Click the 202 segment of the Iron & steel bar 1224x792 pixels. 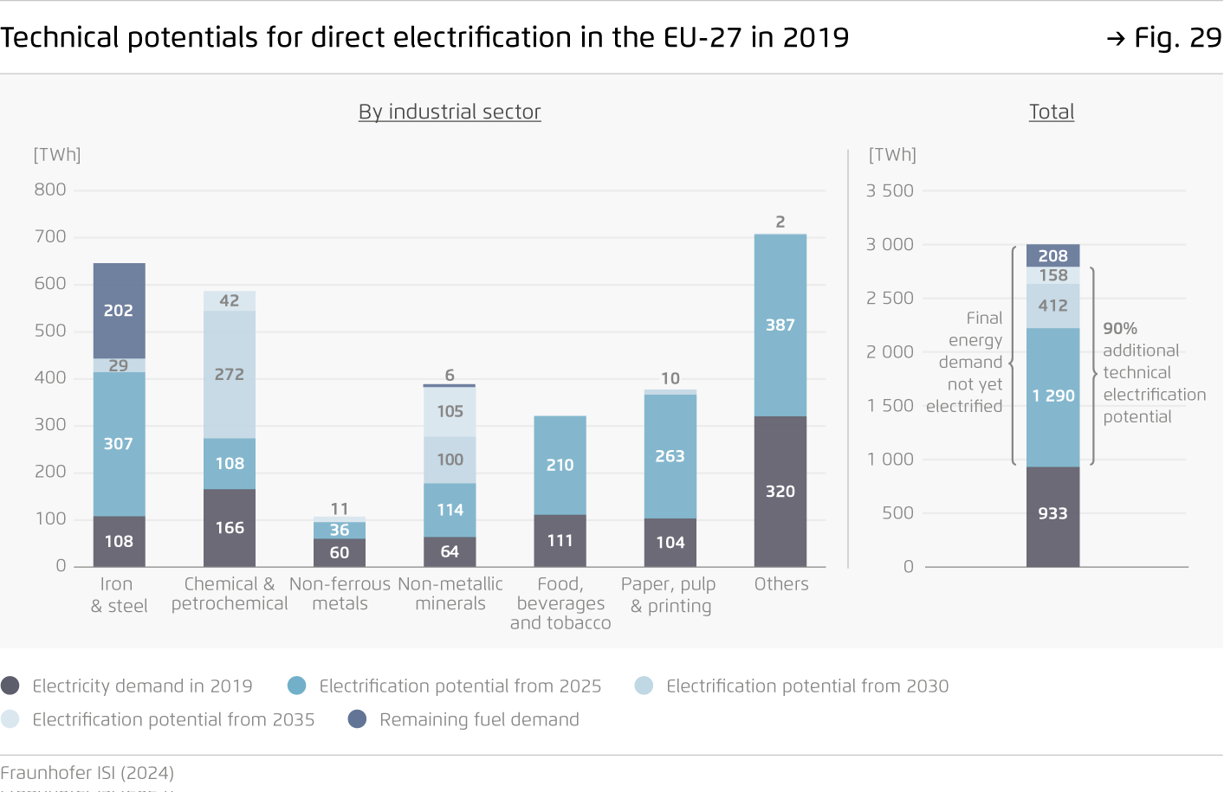[x=119, y=311]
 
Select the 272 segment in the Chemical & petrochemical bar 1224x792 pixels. [x=230, y=374]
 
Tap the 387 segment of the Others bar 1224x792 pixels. [x=780, y=325]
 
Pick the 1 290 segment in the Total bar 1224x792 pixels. [x=1052, y=396]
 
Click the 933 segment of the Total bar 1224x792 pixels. [x=1052, y=514]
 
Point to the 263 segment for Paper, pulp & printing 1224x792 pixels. [x=670, y=456]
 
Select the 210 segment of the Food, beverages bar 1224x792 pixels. [x=560, y=465]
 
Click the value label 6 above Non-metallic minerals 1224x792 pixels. [x=450, y=375]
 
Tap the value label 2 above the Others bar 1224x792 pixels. [x=780, y=222]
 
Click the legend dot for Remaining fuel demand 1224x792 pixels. [x=357, y=719]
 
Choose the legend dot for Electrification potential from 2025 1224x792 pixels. [x=296, y=686]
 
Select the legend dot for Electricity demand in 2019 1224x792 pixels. [x=10, y=686]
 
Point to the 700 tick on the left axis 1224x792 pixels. [x=50, y=236]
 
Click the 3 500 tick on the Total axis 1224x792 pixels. [x=890, y=190]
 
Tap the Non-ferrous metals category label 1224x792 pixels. [x=340, y=594]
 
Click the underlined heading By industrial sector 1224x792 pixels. [x=450, y=112]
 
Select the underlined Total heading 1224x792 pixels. [x=1052, y=112]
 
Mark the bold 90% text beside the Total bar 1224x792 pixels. [x=1120, y=329]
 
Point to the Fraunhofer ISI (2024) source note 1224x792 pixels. [x=87, y=773]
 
